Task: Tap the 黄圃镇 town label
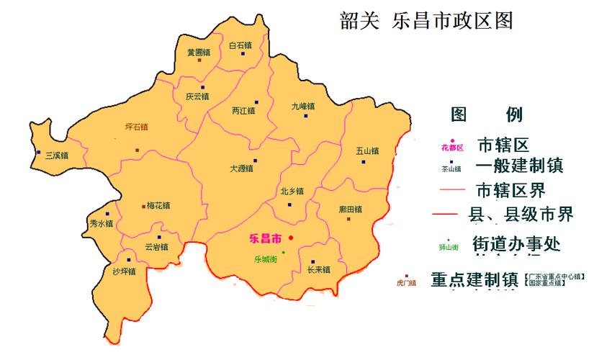click(x=198, y=53)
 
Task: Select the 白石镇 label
click(x=240, y=45)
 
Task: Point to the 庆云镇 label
click(x=197, y=96)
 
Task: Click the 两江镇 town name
click(x=244, y=111)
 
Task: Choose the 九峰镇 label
click(x=303, y=106)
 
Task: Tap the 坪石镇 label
click(x=136, y=127)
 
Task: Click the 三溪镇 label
click(x=56, y=155)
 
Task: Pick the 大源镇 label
click(x=241, y=168)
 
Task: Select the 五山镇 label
click(x=367, y=151)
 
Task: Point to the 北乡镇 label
click(x=292, y=192)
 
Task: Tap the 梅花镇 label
click(x=158, y=205)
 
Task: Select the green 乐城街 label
click(x=266, y=259)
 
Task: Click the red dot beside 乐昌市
click(x=291, y=238)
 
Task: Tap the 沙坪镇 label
click(x=124, y=271)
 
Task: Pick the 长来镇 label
click(x=318, y=270)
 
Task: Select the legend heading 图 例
click(x=496, y=115)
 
